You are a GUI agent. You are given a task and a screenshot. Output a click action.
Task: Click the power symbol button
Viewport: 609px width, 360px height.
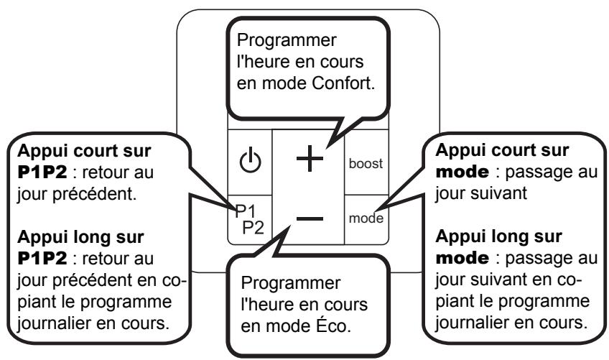250,160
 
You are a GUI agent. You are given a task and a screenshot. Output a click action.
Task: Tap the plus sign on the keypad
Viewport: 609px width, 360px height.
310,158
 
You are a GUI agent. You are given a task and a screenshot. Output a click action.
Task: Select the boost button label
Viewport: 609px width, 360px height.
366,163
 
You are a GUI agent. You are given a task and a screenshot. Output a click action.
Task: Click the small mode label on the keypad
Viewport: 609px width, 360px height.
366,218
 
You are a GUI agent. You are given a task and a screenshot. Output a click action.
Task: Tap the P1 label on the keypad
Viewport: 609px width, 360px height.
246,211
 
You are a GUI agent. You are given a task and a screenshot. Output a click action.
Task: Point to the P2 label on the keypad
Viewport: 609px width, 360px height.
254,228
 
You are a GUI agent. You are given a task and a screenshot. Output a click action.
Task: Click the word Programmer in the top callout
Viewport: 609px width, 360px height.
287,40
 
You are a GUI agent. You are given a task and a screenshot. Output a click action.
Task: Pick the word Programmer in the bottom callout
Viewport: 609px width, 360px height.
291,283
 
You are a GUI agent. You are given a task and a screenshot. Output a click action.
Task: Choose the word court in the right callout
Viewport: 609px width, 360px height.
512,150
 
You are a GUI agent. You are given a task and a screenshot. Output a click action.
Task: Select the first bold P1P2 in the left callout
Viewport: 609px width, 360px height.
42,172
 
